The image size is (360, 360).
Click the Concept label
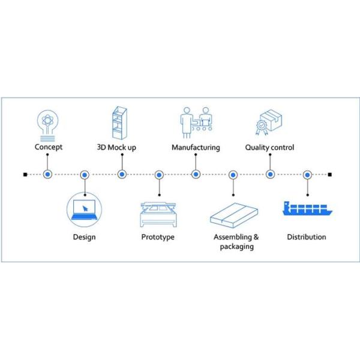tap(48, 147)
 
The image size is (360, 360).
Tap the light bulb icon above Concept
tap(47, 123)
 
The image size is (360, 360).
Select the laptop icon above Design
tap(84, 209)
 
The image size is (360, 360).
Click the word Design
tap(84, 237)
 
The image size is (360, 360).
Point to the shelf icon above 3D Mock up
tap(121, 123)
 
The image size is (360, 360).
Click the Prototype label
tap(158, 237)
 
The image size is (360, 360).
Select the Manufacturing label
tap(196, 147)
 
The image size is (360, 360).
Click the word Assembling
tap(232, 237)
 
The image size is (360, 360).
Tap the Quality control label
tap(269, 147)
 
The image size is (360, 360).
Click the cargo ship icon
tap(307, 208)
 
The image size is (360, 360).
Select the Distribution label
tap(307, 237)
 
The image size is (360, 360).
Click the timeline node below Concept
tap(47, 175)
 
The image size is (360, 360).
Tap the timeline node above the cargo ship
tap(307, 175)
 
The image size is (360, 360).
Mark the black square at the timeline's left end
tap(25, 175)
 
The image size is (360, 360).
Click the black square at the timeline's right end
tap(330, 175)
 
